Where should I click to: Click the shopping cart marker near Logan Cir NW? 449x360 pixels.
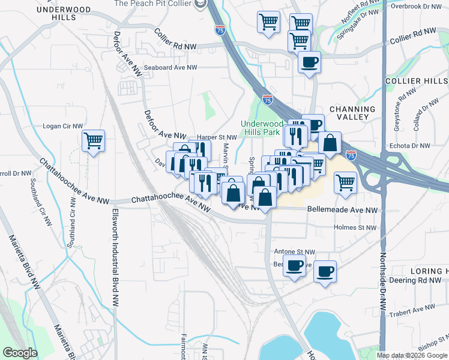[93, 142]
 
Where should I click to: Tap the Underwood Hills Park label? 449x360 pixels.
[261, 128]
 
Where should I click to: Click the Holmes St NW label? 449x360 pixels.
[355, 227]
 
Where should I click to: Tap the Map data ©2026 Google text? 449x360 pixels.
[412, 355]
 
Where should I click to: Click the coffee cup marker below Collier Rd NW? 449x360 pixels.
[309, 62]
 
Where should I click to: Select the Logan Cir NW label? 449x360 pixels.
[62, 127]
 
